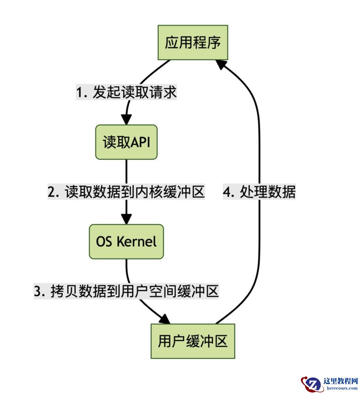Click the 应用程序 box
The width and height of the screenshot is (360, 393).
(x=193, y=42)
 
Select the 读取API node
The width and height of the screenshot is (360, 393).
(x=126, y=142)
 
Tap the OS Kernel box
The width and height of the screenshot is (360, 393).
(x=126, y=242)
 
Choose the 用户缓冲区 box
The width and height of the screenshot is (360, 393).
(x=193, y=341)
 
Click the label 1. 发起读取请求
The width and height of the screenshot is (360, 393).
(x=126, y=92)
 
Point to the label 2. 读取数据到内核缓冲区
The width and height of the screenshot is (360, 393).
(x=126, y=192)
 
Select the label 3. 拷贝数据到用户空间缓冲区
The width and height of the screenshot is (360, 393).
(x=126, y=291)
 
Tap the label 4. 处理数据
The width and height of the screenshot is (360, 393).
(x=259, y=192)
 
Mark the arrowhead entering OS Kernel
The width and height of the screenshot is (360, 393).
(x=126, y=219)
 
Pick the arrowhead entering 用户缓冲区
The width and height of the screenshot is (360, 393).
(x=165, y=319)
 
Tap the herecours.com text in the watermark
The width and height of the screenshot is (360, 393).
(x=342, y=388)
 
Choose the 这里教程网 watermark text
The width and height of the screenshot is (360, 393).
(x=341, y=381)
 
